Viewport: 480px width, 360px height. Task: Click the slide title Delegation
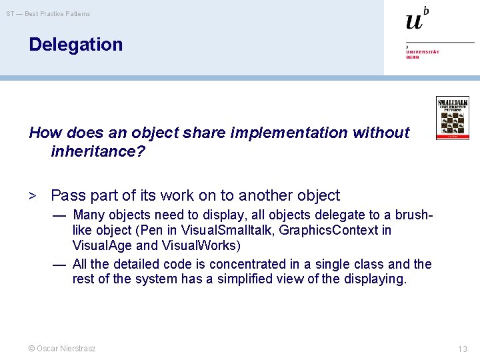point(75,45)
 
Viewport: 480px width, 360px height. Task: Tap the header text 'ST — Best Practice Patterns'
point(48,14)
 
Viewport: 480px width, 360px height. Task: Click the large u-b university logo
point(417,19)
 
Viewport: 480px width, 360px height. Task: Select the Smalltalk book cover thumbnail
point(453,118)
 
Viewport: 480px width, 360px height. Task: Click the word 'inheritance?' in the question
point(97,151)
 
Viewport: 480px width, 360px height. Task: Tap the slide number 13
point(463,349)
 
